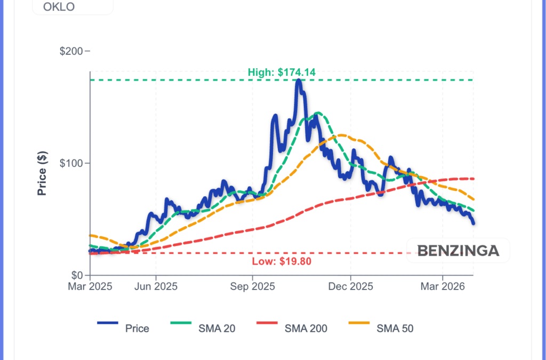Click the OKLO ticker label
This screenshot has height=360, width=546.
click(x=59, y=7)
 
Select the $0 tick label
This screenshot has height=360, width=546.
click(x=78, y=275)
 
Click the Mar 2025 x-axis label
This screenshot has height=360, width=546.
click(x=90, y=286)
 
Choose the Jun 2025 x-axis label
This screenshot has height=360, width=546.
click(x=156, y=286)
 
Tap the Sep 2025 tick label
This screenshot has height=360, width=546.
click(x=253, y=286)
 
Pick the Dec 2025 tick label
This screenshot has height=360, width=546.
click(x=351, y=286)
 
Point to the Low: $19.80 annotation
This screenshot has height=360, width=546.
click(x=281, y=261)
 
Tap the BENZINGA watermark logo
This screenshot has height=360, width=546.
click(x=458, y=251)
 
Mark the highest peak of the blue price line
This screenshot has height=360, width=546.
click(x=299, y=81)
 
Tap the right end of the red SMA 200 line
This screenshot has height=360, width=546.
click(x=473, y=179)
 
